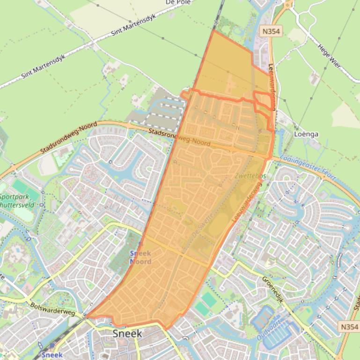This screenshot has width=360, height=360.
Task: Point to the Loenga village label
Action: (x=306, y=134)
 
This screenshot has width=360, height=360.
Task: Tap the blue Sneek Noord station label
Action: (x=140, y=257)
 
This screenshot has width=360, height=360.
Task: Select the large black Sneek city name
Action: (x=127, y=333)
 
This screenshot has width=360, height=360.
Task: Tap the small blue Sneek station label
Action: (x=51, y=355)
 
